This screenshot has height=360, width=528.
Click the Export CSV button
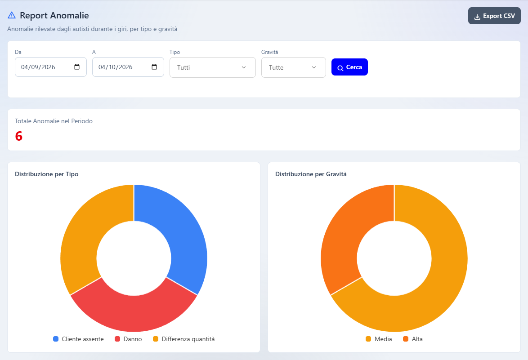pos(494,16)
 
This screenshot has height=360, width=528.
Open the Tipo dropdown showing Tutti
pos(212,67)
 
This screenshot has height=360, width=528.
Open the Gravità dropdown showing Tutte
pos(293,67)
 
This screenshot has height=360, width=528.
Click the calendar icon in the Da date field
pos(77,67)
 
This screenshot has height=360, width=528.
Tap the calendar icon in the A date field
pos(154,67)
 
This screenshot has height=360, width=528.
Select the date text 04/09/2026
pos(38,67)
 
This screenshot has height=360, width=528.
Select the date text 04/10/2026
pos(116,67)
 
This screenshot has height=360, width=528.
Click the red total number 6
pos(19,136)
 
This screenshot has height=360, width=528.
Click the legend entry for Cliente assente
pos(78,339)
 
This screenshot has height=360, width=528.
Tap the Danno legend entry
pos(128,339)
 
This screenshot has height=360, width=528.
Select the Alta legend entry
pos(413,339)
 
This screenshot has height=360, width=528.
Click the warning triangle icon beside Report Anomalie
pos(12,15)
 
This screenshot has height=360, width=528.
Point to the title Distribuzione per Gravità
pos(311,174)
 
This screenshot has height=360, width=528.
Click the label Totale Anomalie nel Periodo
pos(54,121)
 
